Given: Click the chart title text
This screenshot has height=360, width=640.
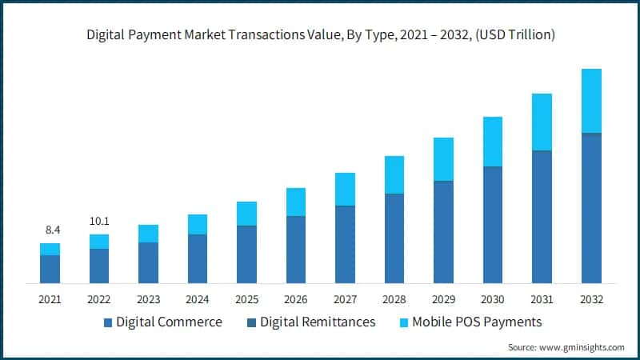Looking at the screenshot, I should coord(320,36).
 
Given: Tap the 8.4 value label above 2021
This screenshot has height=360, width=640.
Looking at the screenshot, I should coord(50,230).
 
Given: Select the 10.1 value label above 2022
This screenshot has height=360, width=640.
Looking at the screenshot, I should coord(99,221).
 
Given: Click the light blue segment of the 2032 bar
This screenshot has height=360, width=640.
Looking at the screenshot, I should coord(591,101).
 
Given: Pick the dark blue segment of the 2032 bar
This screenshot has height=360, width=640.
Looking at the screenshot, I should coord(591,208).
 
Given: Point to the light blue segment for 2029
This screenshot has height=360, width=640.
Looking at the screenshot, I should coord(443,159).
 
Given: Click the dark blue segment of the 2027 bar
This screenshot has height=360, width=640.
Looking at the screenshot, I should coord(345,244).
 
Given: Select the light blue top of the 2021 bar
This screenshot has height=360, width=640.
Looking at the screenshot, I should coord(50,249).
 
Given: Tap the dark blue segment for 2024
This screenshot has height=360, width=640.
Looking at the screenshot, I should coord(198,258).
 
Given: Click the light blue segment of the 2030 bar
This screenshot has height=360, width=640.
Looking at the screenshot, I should coord(493,142).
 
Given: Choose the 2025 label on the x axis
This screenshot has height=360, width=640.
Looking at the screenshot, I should coord(246,299).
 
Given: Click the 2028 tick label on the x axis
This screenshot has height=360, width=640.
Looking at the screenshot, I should coord(394,299).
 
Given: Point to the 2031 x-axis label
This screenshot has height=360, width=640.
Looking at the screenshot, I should coord(542,299).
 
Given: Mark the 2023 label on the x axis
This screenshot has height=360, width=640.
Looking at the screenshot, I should coord(148,299).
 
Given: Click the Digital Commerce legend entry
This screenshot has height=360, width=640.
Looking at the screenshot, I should coord(169,322).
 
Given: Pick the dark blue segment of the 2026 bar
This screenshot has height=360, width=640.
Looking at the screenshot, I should coord(296,250).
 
